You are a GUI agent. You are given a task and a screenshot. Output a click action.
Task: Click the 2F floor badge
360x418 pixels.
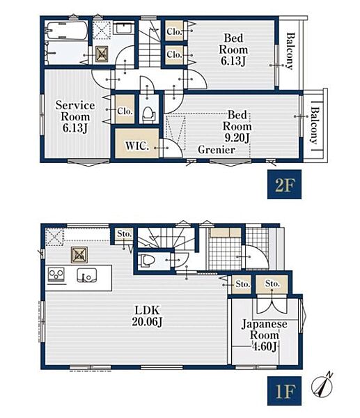[x=284, y=184]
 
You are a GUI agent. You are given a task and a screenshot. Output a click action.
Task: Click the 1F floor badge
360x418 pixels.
[x=284, y=391]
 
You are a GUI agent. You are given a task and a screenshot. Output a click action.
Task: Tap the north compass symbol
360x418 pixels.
[x=322, y=385]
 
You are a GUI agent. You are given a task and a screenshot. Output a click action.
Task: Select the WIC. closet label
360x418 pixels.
[x=137, y=146]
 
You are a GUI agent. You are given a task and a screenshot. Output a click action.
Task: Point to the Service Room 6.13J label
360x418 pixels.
[x=75, y=116]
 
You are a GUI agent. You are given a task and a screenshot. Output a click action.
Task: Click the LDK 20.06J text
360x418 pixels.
[x=147, y=316]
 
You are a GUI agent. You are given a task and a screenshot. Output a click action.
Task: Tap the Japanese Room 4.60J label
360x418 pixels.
[x=265, y=336]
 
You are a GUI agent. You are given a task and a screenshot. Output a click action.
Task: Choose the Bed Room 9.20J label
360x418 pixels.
[x=237, y=126]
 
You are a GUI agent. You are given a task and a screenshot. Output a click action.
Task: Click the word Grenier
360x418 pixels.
[x=217, y=150]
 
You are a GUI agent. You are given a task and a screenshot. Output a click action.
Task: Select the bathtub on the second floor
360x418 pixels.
[x=67, y=31]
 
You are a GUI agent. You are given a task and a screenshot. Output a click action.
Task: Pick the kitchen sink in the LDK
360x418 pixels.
[x=87, y=275]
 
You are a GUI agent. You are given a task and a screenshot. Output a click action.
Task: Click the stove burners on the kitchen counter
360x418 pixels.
[x=56, y=274]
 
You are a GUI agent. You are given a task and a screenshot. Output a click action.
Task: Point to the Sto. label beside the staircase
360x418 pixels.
[x=125, y=234]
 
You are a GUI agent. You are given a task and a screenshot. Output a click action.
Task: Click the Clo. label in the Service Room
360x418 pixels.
[x=125, y=111]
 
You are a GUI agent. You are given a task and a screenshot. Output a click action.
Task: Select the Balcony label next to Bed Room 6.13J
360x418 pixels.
[x=290, y=51]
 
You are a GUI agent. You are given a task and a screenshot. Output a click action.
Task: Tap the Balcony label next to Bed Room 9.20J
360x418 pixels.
[x=315, y=125]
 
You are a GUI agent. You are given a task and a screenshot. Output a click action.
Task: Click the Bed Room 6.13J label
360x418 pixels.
[x=233, y=49]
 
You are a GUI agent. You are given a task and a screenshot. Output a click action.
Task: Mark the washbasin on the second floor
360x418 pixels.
[x=123, y=29]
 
